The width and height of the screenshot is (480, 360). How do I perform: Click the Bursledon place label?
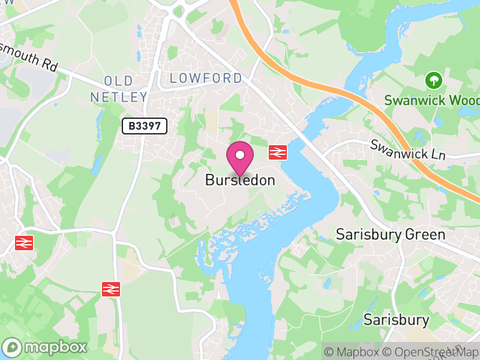point(240,180)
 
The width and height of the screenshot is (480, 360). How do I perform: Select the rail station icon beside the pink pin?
point(277,152)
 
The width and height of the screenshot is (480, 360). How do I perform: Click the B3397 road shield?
point(144,126)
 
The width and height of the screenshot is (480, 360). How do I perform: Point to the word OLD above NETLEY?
point(118,81)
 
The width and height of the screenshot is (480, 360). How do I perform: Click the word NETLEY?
point(118,97)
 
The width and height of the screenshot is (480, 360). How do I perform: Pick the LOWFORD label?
point(206,78)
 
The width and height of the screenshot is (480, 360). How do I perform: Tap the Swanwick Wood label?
point(432,100)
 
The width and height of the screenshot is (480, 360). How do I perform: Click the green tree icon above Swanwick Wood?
point(432,80)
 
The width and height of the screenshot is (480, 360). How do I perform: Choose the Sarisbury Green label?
point(391,234)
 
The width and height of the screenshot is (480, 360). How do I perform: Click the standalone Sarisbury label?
point(397,319)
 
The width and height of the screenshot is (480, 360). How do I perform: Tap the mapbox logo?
point(46,347)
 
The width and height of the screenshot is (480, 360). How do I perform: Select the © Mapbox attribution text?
point(355,352)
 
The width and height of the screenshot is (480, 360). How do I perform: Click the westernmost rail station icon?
point(24,242)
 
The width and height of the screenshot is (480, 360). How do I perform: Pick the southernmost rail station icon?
point(112,289)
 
